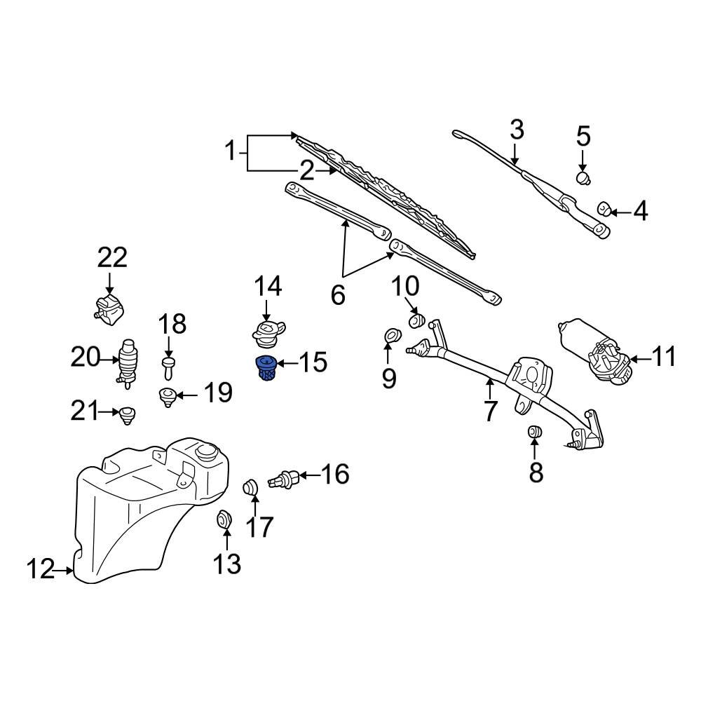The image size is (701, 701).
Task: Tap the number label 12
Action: point(41,569)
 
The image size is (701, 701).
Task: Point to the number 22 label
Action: point(112,258)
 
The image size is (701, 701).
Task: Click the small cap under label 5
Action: point(583,177)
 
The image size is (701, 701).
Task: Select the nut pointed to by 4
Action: point(604,209)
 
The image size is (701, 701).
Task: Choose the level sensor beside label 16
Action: point(287,480)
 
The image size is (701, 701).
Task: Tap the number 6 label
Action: point(337,296)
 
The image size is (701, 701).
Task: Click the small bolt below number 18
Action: point(168,363)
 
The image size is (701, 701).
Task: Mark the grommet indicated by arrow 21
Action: point(127,414)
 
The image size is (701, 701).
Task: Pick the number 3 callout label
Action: point(516,130)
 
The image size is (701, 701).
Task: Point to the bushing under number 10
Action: point(416,321)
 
